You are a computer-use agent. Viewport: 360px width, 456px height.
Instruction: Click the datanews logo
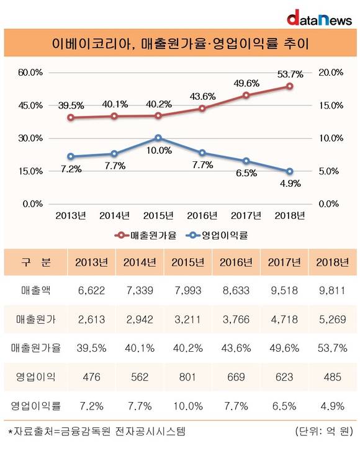coord(319,18)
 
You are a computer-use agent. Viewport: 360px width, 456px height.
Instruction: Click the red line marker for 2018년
coord(290,86)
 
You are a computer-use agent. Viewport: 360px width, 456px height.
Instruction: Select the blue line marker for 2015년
coord(158,138)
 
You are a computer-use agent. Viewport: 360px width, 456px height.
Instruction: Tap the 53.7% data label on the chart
coord(290,74)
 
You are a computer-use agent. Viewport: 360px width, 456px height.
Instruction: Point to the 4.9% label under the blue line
coord(290,184)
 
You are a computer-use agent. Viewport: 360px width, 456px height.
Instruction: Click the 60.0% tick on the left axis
coord(30,73)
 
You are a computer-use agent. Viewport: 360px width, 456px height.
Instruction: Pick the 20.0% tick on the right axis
coord(331,73)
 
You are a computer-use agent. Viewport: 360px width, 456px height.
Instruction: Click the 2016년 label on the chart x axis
coord(202,215)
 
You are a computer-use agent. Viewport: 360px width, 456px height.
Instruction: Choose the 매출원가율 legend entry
coord(145,235)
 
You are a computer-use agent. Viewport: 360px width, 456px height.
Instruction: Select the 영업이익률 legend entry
coord(217,235)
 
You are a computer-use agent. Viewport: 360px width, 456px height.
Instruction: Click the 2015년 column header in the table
coord(187,262)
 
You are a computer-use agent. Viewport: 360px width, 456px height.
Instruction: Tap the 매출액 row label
coord(35,290)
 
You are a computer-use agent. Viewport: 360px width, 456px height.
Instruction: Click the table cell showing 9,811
coord(332,290)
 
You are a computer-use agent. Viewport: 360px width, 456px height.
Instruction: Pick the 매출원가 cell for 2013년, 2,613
coord(91,320)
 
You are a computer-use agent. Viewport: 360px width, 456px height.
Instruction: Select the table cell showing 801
coord(187,377)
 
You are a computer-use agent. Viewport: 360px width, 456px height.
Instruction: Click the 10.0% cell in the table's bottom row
coord(187,406)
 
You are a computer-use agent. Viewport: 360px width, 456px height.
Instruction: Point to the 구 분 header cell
coord(35,262)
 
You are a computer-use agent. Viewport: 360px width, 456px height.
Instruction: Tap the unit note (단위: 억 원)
coord(324,431)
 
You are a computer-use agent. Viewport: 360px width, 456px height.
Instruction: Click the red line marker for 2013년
coord(70,117)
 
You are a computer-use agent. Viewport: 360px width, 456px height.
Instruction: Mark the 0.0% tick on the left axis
coord(33,204)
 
